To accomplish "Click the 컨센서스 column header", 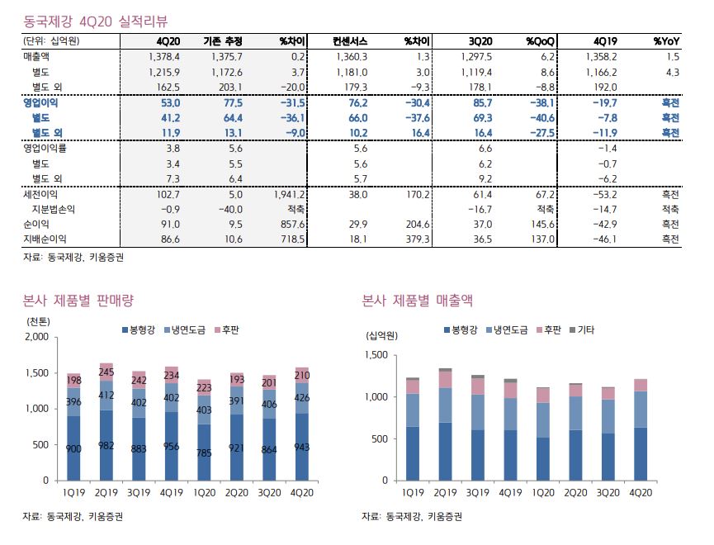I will point(351,40).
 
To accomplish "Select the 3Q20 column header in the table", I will point(480,40).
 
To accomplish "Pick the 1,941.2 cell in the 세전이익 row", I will point(290,195).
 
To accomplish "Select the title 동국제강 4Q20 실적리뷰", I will point(96,17).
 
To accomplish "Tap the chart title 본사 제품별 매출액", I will point(417,300).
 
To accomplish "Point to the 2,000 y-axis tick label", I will point(36,338).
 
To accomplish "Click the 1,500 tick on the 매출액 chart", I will point(376,355).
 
